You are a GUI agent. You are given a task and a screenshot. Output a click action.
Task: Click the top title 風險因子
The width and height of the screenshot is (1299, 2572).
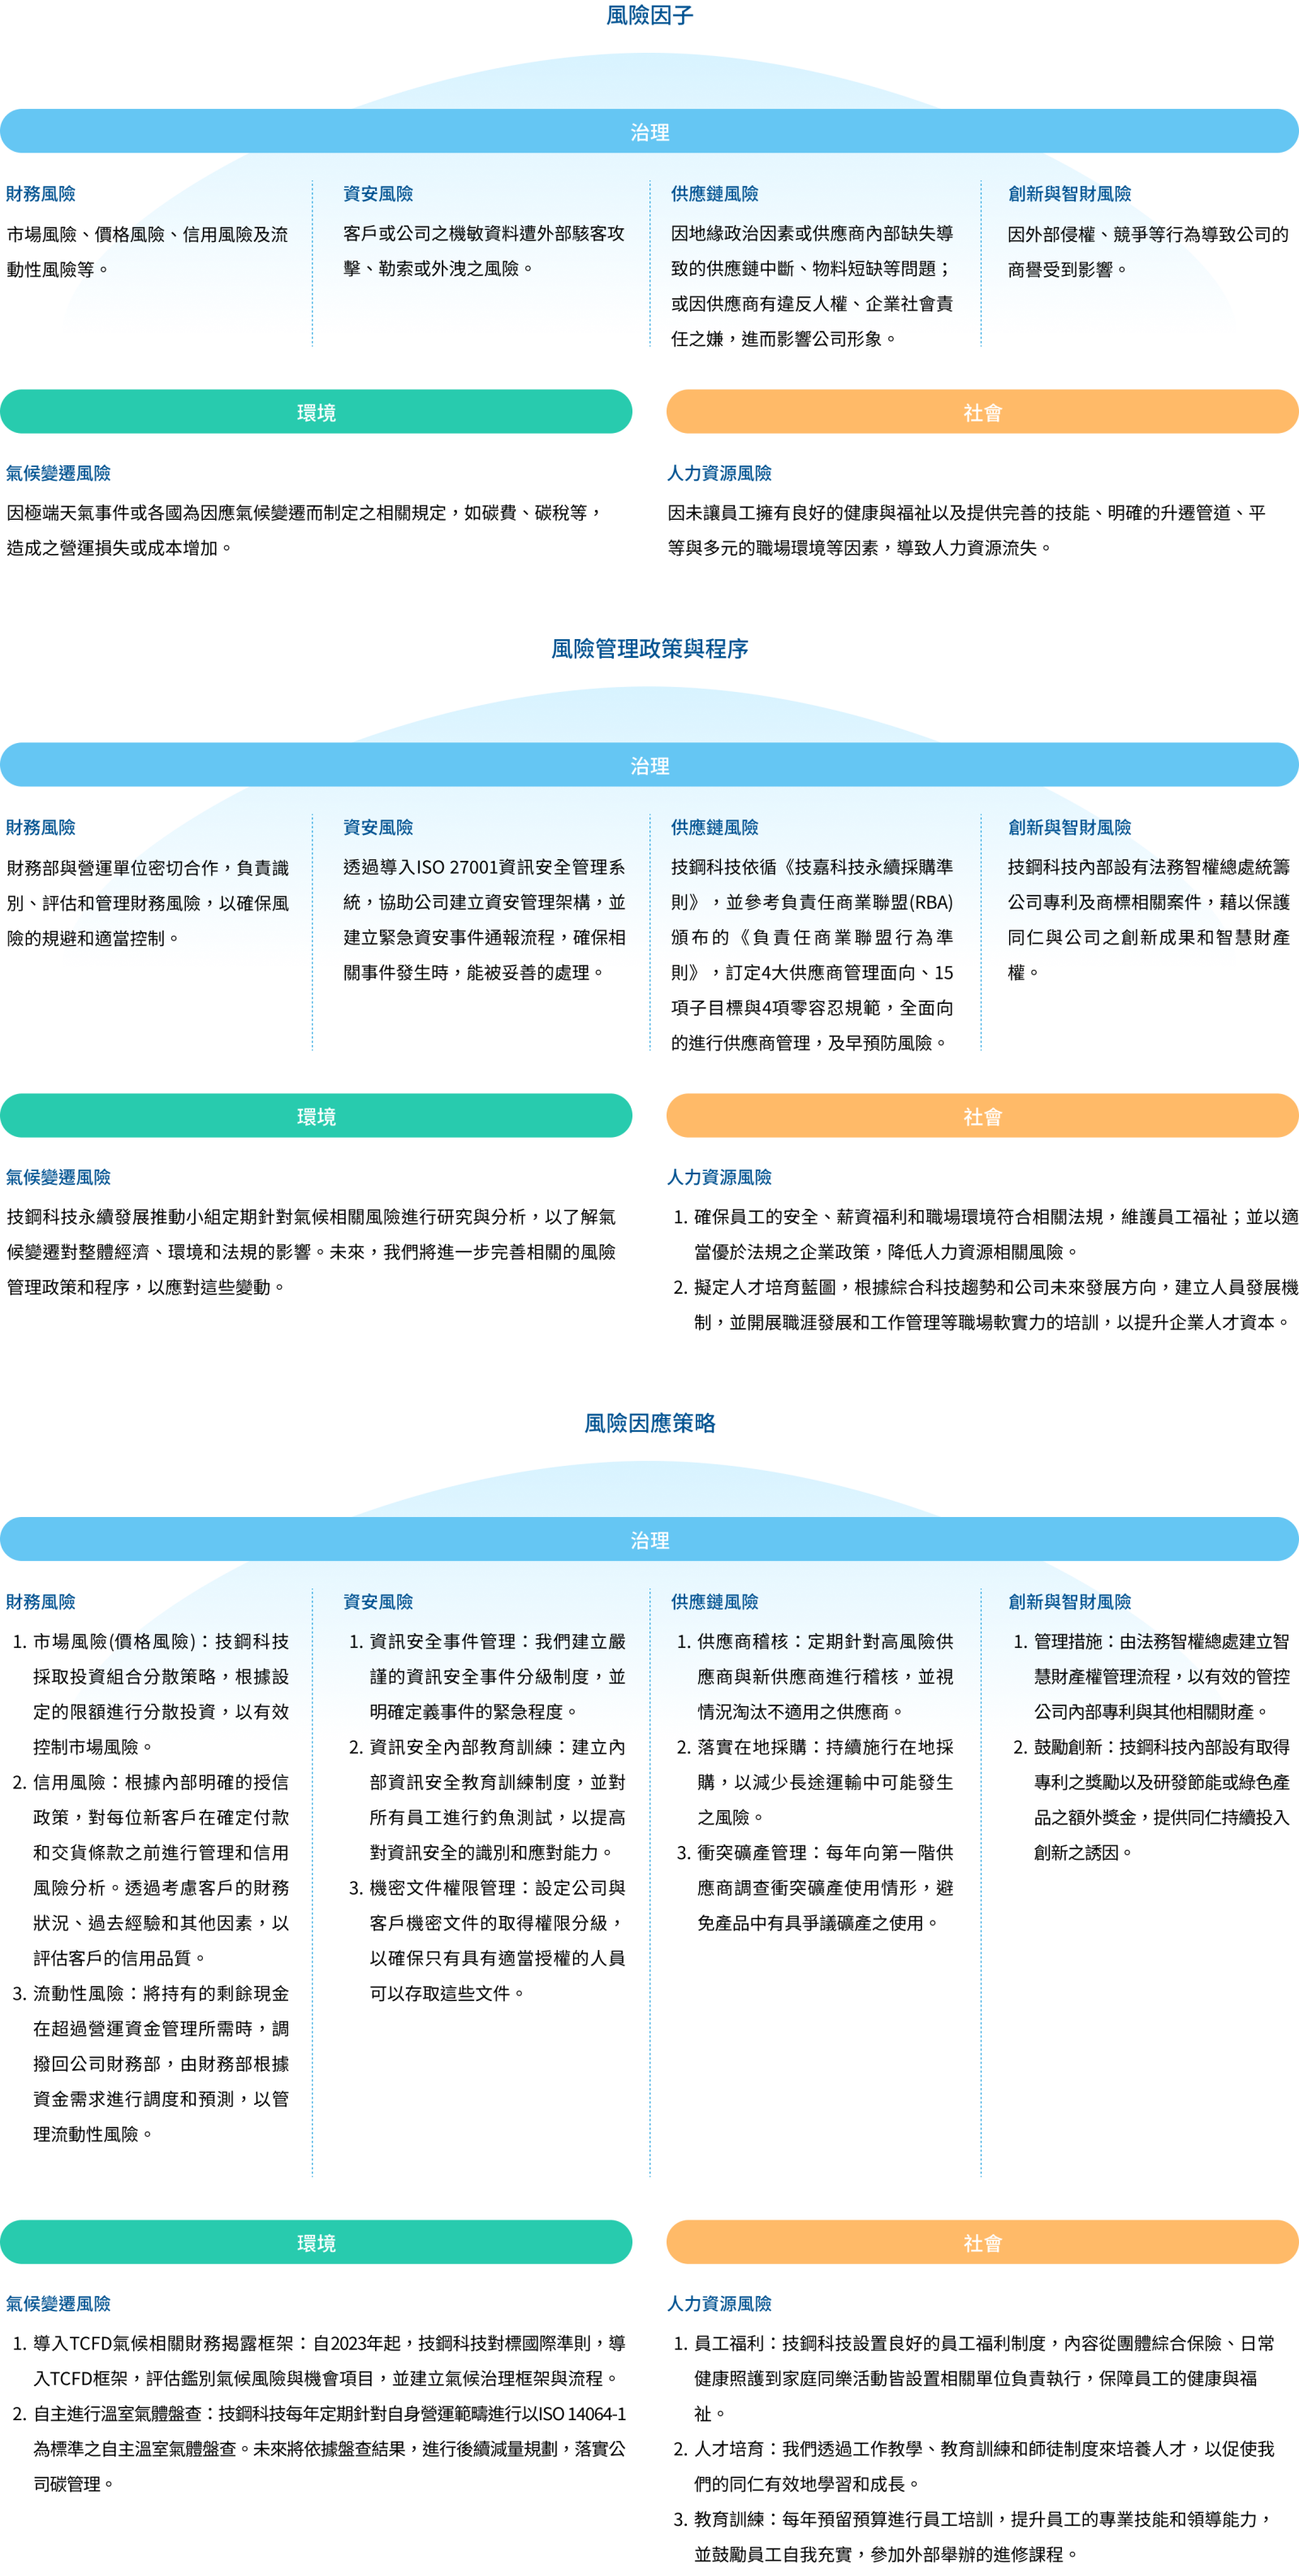click(649, 15)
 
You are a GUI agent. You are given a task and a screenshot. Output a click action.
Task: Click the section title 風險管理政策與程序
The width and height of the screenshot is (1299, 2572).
click(649, 649)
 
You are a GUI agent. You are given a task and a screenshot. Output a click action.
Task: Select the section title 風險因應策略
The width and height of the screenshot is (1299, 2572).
click(649, 1423)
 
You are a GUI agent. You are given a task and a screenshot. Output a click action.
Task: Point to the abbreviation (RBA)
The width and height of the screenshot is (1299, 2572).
click(930, 902)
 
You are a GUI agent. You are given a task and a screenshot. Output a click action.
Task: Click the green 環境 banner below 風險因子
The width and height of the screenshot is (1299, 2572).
click(316, 412)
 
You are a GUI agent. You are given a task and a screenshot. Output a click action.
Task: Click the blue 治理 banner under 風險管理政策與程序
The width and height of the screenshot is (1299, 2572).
click(649, 765)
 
